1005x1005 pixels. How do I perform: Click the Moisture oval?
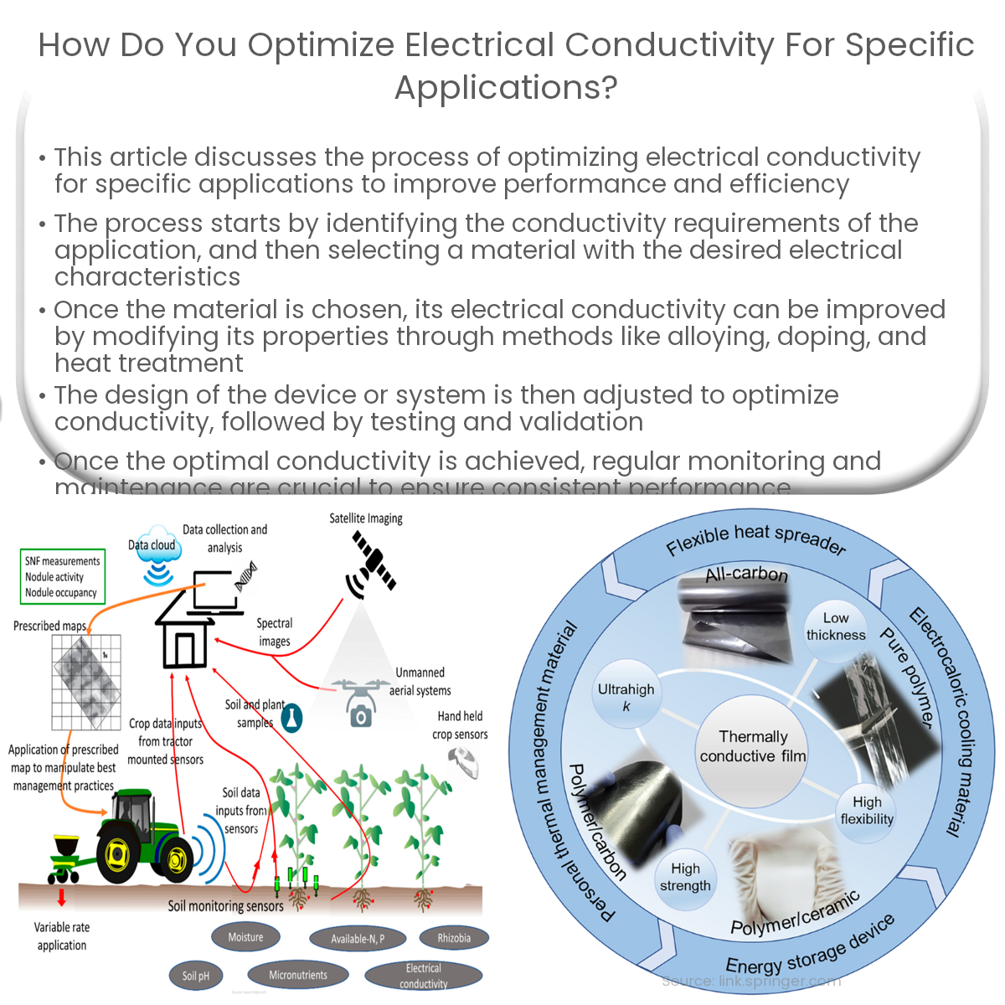[245, 937]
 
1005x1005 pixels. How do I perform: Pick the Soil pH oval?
[196, 976]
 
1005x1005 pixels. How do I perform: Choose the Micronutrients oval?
[298, 975]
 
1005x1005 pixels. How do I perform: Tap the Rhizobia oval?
[453, 938]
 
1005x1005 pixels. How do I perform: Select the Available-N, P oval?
[357, 939]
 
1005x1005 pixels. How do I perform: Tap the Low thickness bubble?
[835, 627]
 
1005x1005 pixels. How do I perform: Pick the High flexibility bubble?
[867, 811]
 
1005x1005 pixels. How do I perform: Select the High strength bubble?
[685, 878]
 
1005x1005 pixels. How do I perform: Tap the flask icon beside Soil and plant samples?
[291, 718]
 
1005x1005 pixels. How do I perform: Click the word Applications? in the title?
[506, 87]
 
